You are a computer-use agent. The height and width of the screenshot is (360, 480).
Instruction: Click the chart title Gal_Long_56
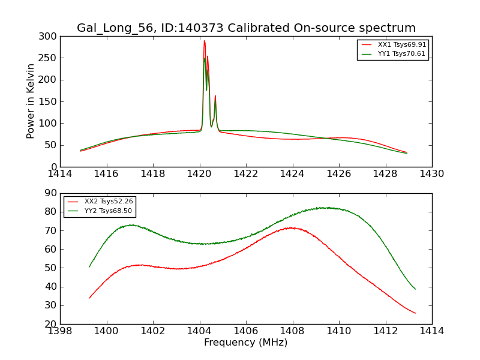(246, 28)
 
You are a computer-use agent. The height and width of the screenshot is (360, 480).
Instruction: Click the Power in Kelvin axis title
(31, 101)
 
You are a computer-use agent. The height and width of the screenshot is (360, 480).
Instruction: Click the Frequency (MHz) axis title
(246, 343)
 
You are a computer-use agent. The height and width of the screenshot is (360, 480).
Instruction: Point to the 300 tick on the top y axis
(50, 37)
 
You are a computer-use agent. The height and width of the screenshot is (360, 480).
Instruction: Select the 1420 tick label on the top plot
(199, 174)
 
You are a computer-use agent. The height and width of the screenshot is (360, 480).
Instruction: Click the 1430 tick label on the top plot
(432, 174)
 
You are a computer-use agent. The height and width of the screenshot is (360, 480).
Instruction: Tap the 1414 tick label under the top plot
(60, 174)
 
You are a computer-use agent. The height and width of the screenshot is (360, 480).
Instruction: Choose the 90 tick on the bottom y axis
(52, 193)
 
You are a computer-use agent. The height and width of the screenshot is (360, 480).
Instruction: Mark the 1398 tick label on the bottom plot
(60, 331)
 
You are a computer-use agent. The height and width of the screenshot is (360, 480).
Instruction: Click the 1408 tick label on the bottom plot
(292, 331)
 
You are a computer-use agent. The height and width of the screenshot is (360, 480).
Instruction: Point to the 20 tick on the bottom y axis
(52, 324)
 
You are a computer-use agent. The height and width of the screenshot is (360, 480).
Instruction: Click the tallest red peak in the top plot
(204, 41)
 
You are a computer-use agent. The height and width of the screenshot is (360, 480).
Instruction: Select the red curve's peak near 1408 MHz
(291, 227)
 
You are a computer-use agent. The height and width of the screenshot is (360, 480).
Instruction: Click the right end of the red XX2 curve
(415, 313)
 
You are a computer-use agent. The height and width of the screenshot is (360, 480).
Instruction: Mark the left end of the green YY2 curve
(89, 267)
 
